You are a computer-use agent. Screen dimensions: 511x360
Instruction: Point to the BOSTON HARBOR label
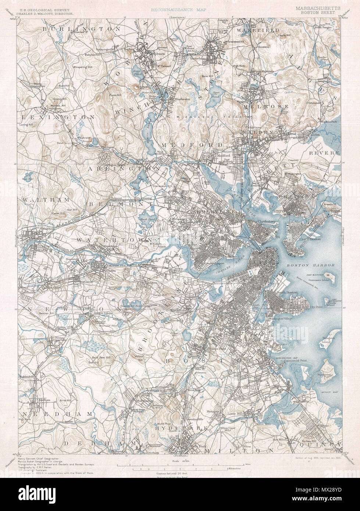317,265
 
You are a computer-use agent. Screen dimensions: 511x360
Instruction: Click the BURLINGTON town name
81,28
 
